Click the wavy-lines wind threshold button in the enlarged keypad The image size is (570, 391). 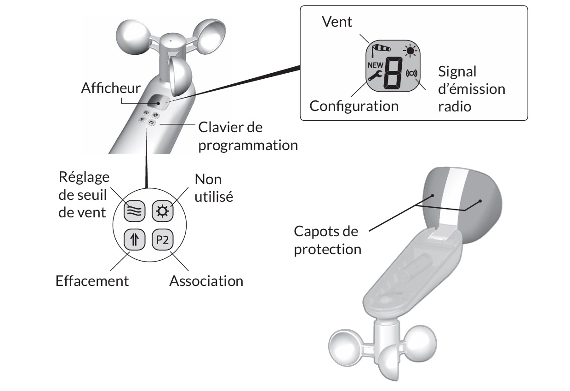click(x=135, y=211)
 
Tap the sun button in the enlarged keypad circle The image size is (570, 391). click(x=163, y=211)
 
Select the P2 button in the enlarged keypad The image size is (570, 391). click(x=163, y=239)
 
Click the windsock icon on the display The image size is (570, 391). click(x=381, y=50)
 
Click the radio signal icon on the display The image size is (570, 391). click(x=411, y=74)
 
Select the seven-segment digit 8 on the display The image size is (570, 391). click(x=393, y=73)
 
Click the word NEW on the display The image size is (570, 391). click(x=376, y=65)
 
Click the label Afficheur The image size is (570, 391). click(x=111, y=88)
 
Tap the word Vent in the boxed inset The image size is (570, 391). click(x=337, y=22)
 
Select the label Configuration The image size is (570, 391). click(x=354, y=106)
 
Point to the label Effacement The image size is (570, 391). click(x=92, y=281)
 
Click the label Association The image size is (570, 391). click(x=206, y=281)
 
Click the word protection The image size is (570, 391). click(x=328, y=249)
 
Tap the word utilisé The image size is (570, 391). click(x=214, y=197)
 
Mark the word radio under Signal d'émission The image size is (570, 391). click(x=455, y=106)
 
